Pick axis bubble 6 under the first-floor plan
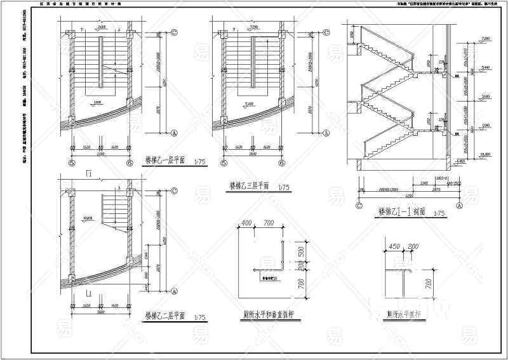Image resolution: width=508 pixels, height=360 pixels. coord(130,162)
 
